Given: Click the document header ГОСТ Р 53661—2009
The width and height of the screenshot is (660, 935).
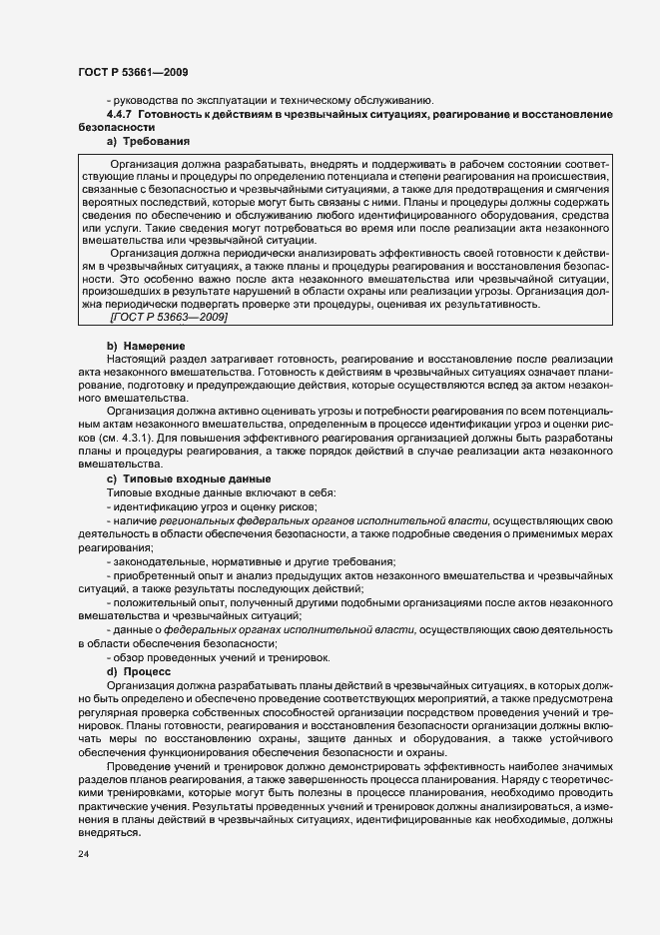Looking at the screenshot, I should click(132, 73).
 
